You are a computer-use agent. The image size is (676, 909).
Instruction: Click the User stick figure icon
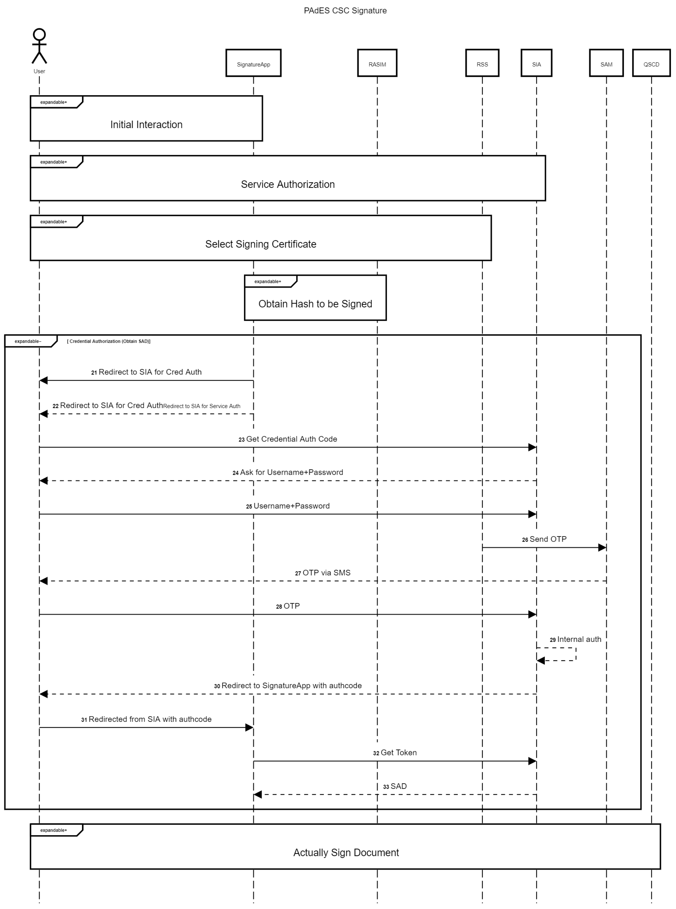click(39, 46)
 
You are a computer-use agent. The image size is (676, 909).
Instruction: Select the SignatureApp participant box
click(253, 63)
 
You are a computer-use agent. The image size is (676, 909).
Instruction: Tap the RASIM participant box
click(377, 63)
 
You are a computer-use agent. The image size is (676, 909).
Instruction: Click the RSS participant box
click(482, 63)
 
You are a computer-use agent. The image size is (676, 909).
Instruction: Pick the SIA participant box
click(536, 63)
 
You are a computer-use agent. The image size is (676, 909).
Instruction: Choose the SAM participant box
click(606, 63)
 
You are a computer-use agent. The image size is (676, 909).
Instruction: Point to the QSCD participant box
click(651, 63)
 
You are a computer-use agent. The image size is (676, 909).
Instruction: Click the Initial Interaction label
click(146, 124)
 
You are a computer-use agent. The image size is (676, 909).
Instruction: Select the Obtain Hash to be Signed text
click(315, 304)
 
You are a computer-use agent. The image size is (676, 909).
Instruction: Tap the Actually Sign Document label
click(346, 852)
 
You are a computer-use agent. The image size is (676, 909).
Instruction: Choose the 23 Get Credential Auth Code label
click(288, 439)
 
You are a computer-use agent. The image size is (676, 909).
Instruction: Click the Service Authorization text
click(288, 184)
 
